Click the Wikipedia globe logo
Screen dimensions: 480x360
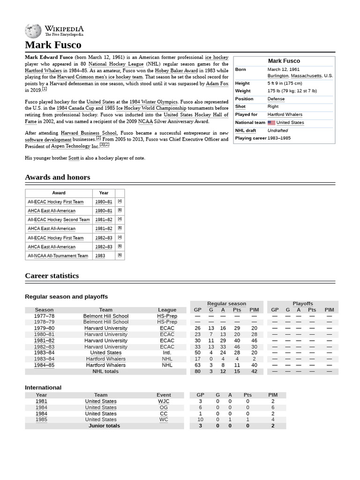pyautogui.click(x=33, y=31)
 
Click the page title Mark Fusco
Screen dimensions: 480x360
pyautogui.click(x=53, y=45)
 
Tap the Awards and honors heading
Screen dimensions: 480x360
pyautogui.click(x=57, y=177)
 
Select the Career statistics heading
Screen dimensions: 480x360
pyautogui.click(x=52, y=276)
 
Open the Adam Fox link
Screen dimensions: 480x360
pyautogui.click(x=217, y=83)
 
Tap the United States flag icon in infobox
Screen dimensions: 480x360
pyautogui.click(x=271, y=123)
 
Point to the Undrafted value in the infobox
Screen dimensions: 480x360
pyautogui.click(x=277, y=130)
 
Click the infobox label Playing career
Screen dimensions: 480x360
pyautogui.click(x=250, y=138)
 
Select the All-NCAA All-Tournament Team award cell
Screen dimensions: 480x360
pyautogui.click(x=58, y=256)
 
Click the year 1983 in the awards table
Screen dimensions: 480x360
pyautogui.click(x=100, y=256)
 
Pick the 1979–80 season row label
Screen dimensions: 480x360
pyautogui.click(x=44, y=328)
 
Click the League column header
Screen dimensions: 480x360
pyautogui.click(x=167, y=310)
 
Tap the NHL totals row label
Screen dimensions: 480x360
pyautogui.click(x=105, y=371)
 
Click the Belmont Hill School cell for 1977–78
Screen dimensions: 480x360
pyautogui.click(x=105, y=316)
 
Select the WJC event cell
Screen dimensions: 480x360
pyautogui.click(x=164, y=401)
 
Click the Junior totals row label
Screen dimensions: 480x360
pyautogui.click(x=104, y=426)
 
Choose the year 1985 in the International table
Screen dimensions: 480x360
pyautogui.click(x=41, y=420)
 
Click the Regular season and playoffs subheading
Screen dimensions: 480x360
pyautogui.click(x=66, y=297)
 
